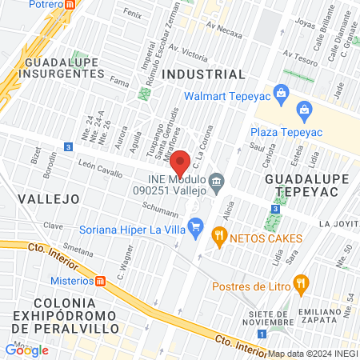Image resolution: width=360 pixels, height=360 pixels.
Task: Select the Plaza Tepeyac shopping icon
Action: tap(303, 109)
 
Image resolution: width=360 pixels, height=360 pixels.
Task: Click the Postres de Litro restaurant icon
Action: tap(301, 282)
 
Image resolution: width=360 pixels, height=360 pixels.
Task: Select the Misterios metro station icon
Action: tap(100, 281)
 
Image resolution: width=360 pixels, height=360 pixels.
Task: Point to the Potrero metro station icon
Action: tap(70, 4)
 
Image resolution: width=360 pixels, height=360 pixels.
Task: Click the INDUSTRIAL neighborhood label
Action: tap(203, 74)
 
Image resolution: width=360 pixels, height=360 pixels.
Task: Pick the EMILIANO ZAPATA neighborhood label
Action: tap(326, 318)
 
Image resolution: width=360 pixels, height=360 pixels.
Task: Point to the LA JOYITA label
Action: tap(338, 223)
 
